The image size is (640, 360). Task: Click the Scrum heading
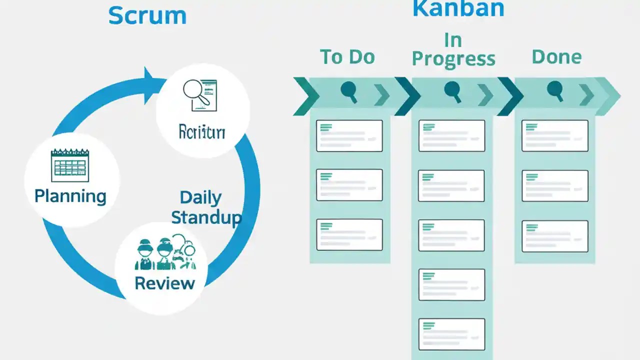pos(147,15)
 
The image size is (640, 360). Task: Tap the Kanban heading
pos(458,9)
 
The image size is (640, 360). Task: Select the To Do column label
pos(347,57)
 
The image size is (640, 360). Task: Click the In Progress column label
pos(453,50)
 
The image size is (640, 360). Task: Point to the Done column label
pos(556,57)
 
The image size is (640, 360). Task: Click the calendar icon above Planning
pos(69,165)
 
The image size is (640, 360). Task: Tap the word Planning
pos(70,195)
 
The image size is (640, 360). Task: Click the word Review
pos(164,283)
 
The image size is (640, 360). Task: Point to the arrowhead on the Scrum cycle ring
pos(152,79)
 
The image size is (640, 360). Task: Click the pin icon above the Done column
pos(554,90)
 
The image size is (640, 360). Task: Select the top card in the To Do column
pos(349,135)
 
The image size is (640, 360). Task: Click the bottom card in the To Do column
pos(349,234)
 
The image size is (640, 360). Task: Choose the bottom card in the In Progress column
pos(451,334)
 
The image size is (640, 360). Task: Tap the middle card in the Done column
pos(554,185)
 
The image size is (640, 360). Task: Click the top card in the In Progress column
pos(451,135)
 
